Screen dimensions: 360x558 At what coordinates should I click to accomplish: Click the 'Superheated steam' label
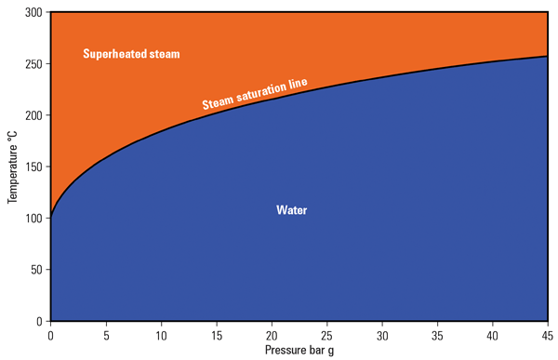click(x=131, y=54)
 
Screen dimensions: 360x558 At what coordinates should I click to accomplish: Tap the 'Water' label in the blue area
click(x=291, y=210)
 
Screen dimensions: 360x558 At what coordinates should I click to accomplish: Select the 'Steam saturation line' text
click(x=255, y=93)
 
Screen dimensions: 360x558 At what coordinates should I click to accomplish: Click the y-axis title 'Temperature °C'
click(x=12, y=167)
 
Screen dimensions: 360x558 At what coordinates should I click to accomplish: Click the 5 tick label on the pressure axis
click(x=106, y=334)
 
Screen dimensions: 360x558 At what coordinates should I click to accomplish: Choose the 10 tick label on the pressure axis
click(x=161, y=334)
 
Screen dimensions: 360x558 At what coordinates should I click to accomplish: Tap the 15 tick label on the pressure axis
click(x=217, y=334)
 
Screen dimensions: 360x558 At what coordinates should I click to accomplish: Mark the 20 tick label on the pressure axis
click(x=272, y=334)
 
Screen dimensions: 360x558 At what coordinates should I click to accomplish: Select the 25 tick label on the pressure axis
click(x=327, y=334)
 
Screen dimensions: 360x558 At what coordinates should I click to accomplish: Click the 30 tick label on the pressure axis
click(x=382, y=334)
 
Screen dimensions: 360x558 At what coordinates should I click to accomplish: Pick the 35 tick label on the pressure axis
click(x=438, y=334)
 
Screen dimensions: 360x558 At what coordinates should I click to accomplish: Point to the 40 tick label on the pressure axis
click(x=493, y=334)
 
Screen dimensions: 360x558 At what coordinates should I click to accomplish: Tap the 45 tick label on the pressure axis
click(x=548, y=334)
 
